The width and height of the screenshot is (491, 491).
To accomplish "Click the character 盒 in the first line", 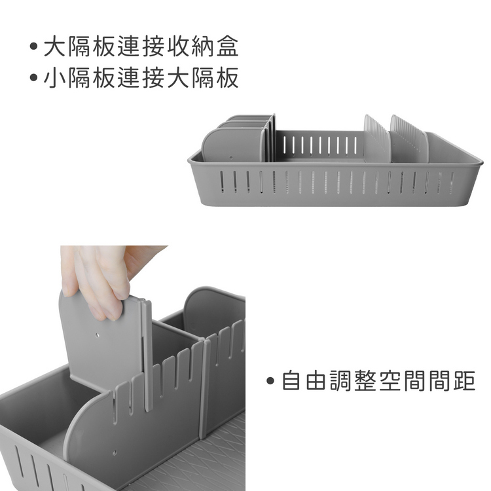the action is pyautogui.click(x=227, y=46).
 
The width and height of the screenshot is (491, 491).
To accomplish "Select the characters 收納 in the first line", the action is pyautogui.click(x=191, y=46).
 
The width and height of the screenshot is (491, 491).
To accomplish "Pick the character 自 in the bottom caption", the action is pyautogui.click(x=291, y=381).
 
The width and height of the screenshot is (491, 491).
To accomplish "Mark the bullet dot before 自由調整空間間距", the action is pyautogui.click(x=270, y=381).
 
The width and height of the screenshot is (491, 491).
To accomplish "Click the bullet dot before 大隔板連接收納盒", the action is pyautogui.click(x=33, y=46).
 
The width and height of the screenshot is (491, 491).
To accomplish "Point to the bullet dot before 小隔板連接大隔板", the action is pyautogui.click(x=33, y=77).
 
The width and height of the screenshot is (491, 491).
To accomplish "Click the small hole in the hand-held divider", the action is pyautogui.click(x=98, y=335).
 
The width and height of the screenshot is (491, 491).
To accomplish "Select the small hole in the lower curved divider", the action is pyautogui.click(x=115, y=452).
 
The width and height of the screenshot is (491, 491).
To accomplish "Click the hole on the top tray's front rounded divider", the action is pyautogui.click(x=231, y=158).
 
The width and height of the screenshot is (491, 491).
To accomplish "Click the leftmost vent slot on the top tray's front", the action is pyautogui.click(x=222, y=181).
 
